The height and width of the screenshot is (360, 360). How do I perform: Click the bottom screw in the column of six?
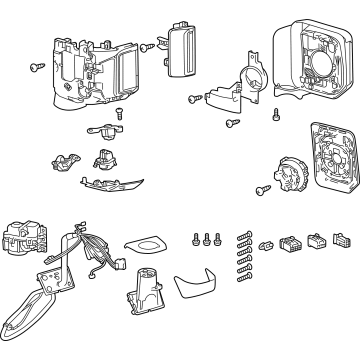tap(242, 284)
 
